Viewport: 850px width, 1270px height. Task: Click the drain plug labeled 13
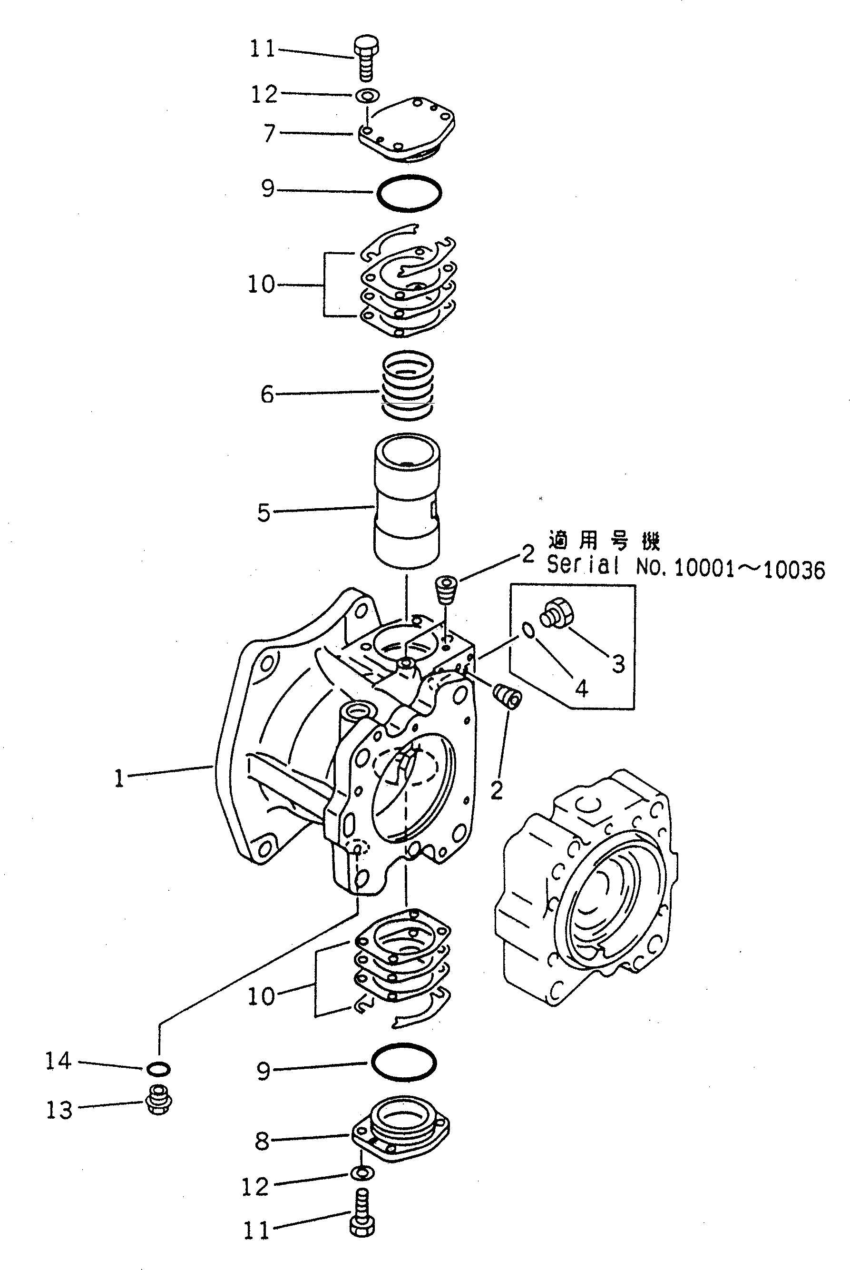click(x=159, y=1100)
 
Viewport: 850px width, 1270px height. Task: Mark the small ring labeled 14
click(x=158, y=1068)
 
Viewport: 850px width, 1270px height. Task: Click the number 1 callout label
click(x=119, y=779)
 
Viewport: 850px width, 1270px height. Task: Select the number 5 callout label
click(x=264, y=512)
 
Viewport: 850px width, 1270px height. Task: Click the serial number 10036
click(x=794, y=571)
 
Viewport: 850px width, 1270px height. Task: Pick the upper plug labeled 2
click(x=447, y=590)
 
